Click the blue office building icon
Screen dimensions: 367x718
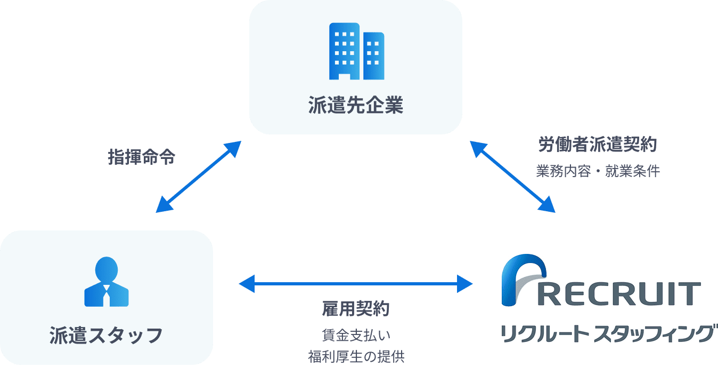pos(356,51)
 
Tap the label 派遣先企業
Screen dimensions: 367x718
pos(356,105)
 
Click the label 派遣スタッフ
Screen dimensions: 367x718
pos(106,336)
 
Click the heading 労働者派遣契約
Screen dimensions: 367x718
pos(598,145)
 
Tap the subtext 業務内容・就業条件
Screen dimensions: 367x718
pos(598,172)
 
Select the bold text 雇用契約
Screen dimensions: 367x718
pos(356,309)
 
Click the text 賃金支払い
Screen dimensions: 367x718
pos(356,336)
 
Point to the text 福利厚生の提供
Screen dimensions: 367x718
pos(356,356)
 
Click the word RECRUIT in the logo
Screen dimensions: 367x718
pos(618,294)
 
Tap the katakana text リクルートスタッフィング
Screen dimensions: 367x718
pos(607,333)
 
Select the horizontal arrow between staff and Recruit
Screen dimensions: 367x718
pos(356,284)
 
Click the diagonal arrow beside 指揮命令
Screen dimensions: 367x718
pos(199,177)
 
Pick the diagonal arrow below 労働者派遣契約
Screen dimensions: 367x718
pos(512,177)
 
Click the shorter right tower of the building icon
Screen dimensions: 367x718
pos(373,55)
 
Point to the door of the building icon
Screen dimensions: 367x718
pos(345,76)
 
